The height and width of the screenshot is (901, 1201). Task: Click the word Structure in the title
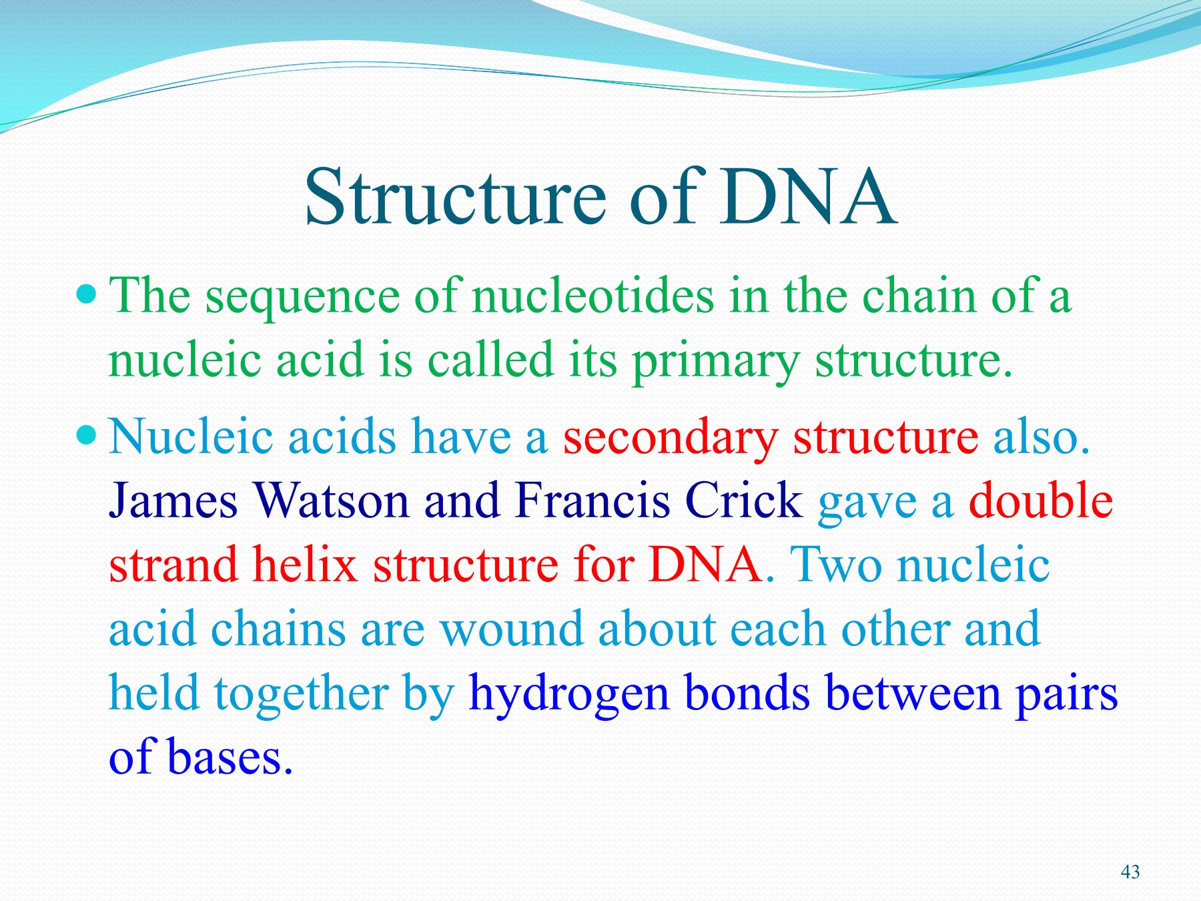point(455,198)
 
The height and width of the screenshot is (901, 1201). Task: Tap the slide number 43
point(1130,872)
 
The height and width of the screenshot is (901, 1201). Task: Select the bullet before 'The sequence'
point(87,294)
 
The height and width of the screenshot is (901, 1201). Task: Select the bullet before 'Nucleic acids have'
point(87,436)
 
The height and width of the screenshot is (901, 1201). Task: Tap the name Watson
point(331,501)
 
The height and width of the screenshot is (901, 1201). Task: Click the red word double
point(1040,501)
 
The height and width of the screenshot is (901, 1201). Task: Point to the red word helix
point(304,565)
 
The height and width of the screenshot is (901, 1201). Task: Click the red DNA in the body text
point(705,565)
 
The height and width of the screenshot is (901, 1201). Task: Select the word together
point(301,694)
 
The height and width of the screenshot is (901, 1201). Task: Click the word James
point(173,501)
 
